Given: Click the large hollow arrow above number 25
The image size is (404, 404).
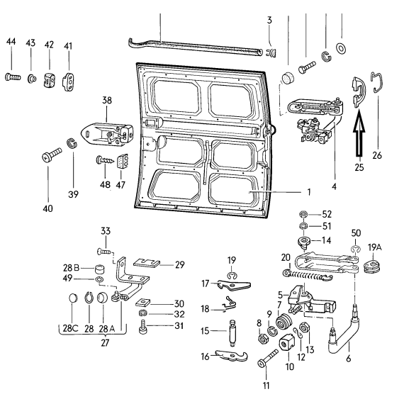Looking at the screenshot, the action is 359,136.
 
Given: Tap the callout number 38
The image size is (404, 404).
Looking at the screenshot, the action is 107,100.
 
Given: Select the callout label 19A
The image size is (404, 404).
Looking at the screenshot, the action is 374,247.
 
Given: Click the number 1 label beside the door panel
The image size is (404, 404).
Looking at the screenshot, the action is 308,192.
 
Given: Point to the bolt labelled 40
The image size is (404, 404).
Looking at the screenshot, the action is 52,155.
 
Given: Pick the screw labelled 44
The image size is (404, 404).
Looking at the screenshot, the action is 12,77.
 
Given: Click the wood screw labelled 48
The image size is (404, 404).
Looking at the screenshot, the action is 105,160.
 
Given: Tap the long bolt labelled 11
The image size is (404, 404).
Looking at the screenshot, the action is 268,359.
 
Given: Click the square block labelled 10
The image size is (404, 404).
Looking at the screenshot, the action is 286,342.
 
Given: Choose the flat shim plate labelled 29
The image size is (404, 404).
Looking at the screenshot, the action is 147,263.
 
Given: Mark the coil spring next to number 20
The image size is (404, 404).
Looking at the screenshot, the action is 308,276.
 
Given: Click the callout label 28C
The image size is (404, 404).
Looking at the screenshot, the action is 70,328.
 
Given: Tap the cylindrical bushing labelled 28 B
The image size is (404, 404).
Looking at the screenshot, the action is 100,269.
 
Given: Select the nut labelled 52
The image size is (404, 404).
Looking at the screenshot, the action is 304,214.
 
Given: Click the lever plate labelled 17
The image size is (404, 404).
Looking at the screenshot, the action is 234,285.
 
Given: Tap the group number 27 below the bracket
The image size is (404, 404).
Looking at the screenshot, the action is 105,342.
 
